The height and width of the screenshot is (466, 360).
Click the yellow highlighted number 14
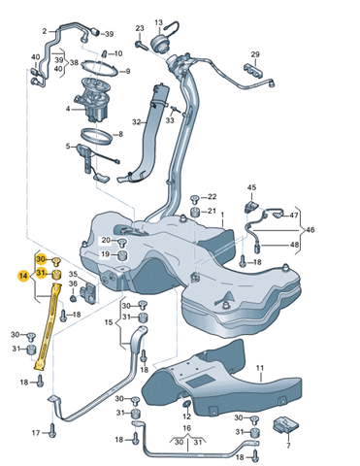click(22, 276)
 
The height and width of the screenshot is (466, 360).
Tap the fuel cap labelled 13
click(160, 43)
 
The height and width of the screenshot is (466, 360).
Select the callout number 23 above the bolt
click(140, 28)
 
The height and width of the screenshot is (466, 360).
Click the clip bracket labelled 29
click(253, 70)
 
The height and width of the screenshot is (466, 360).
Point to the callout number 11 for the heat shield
click(260, 368)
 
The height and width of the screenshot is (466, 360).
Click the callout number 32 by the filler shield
click(136, 122)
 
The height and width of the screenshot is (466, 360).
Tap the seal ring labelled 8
click(96, 136)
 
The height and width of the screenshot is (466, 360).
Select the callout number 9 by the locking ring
click(127, 71)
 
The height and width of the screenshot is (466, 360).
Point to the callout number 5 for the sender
click(68, 147)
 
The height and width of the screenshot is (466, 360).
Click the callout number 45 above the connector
click(251, 187)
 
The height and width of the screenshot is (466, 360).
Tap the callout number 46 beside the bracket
click(310, 230)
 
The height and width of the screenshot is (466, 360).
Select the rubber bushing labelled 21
click(195, 213)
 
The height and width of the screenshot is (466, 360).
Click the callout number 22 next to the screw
click(212, 197)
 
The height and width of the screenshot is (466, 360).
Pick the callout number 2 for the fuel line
click(45, 31)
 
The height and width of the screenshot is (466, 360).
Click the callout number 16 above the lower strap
click(187, 428)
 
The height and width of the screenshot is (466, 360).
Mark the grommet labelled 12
click(187, 405)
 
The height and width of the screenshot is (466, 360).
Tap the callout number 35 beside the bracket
click(73, 275)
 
